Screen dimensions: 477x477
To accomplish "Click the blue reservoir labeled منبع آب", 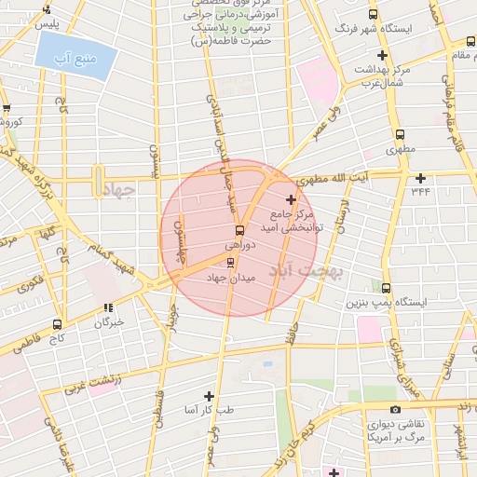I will coord(76,59).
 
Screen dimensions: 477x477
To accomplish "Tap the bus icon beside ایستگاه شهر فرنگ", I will coord(374,15).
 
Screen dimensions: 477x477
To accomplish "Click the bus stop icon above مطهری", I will coord(401,135).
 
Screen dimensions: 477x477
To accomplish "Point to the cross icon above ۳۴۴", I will coord(421,178).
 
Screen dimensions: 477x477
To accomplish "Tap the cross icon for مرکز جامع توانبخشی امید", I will coord(292,199).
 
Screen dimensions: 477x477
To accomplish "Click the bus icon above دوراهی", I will coord(239,229).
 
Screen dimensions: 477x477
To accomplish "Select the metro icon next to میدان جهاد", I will coord(231,262).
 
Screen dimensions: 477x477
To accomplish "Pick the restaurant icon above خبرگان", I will coord(109,307).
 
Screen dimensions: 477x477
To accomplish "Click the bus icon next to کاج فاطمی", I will coord(58,325).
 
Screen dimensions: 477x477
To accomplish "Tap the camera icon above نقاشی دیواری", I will coord(396,409).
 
